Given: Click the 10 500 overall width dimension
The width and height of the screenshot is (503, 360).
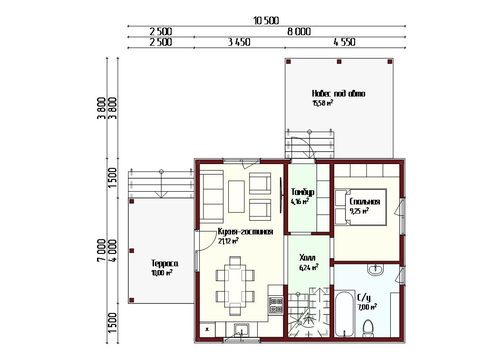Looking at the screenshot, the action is pos(266,21).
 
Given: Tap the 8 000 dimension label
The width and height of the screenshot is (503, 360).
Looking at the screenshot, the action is pos(299,31).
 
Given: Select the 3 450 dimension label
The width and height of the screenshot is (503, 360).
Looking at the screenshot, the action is pos(239,42).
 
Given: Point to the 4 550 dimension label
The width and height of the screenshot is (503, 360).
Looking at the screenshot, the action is pos(345,42).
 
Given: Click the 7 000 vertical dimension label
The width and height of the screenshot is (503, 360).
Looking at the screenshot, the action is pos(101,250).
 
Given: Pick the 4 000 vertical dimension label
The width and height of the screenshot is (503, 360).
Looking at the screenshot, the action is pos(113,250).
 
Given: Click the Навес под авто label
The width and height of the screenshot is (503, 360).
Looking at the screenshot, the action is pos(339,93).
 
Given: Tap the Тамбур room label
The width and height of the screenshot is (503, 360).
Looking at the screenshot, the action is pos(302,192).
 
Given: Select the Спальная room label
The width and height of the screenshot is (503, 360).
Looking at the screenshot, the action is pos(365,202).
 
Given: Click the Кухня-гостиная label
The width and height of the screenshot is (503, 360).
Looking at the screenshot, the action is pos(245,232).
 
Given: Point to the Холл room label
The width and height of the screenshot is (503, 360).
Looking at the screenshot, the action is pos(307,258).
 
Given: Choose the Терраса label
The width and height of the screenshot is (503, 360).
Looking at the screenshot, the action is pos(164,263).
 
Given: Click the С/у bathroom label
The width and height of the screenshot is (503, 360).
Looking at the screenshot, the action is pos(364,298).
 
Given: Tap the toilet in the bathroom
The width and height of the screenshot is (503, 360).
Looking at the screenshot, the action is pos(368,328).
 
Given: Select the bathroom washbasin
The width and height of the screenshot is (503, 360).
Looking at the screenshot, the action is pos(375,270).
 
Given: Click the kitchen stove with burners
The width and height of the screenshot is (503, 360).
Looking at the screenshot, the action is pos(276,305).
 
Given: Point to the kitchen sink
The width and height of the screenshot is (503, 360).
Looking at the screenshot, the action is pos(241,330).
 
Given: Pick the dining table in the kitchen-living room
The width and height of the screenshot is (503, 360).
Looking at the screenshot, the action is pos(235,283).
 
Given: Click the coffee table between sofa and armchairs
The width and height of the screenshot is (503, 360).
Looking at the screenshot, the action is pos(236,196).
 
